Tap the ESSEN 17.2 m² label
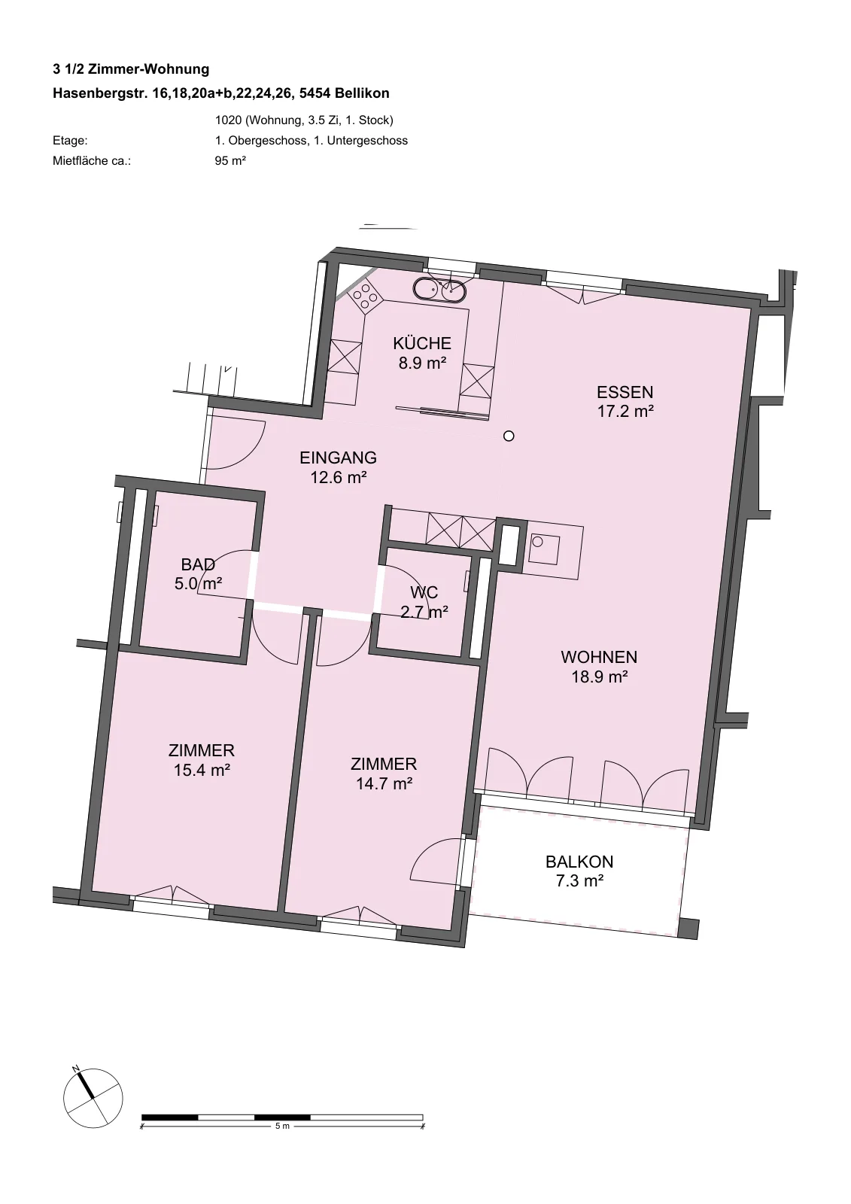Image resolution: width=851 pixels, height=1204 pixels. pyautogui.click(x=625, y=401)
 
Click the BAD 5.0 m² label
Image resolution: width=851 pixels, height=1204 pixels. pyautogui.click(x=198, y=573)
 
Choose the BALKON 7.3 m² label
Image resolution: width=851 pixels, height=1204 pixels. pyautogui.click(x=579, y=871)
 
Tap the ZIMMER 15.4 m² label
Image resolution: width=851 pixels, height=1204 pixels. pyautogui.click(x=202, y=760)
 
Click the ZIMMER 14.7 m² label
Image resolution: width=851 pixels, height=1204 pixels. pyautogui.click(x=384, y=774)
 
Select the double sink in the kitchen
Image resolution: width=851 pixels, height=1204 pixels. pyautogui.click(x=439, y=290)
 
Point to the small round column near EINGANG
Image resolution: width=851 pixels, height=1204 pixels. pyautogui.click(x=509, y=436)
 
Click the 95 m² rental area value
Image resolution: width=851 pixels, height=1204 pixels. pyautogui.click(x=230, y=161)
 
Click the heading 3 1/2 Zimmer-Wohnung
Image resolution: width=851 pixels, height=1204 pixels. pyautogui.click(x=131, y=69)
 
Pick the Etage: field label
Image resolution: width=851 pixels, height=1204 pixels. pyautogui.click(x=70, y=141)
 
